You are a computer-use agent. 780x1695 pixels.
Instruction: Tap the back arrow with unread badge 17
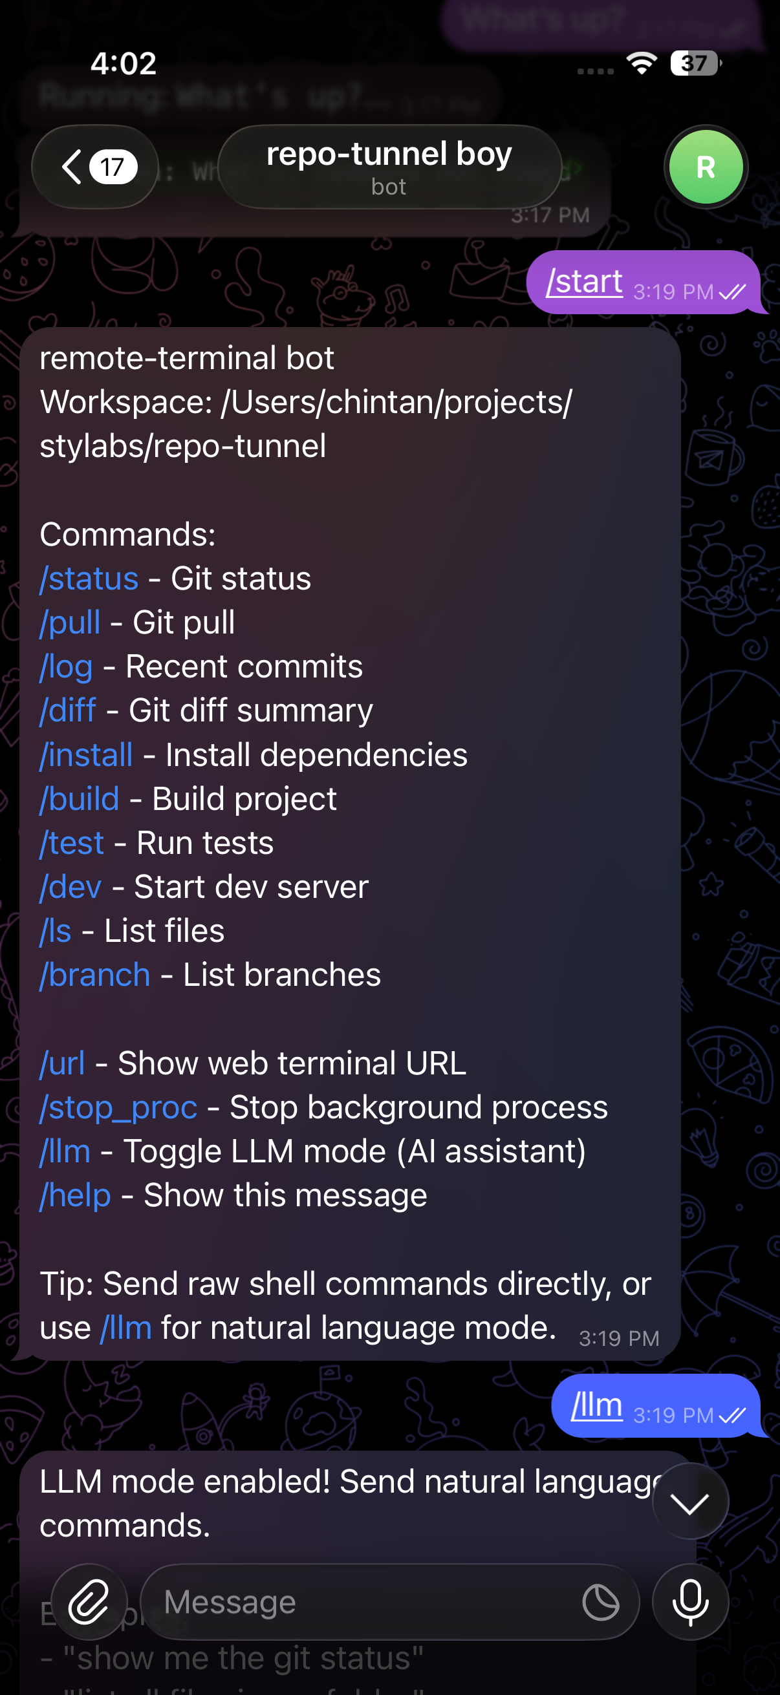coord(95,167)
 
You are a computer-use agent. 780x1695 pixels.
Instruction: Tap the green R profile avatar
coord(706,167)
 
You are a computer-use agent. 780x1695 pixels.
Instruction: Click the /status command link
coord(89,579)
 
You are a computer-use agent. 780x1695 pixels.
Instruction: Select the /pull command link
coord(70,623)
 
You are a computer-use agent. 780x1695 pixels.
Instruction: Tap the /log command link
coord(66,667)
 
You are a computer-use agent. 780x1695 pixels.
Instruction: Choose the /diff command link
coord(68,710)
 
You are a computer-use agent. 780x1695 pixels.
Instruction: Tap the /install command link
coord(86,754)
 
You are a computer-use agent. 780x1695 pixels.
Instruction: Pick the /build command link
coord(80,799)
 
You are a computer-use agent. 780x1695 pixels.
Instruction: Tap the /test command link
coord(72,843)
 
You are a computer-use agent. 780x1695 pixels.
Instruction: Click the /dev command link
coord(70,887)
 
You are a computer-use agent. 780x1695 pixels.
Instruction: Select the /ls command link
coord(55,931)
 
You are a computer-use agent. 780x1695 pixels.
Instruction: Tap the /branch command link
coord(95,975)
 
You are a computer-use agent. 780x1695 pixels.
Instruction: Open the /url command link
coord(62,1063)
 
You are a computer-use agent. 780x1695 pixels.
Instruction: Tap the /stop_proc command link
coord(118,1107)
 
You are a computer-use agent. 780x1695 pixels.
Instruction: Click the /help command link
coord(75,1195)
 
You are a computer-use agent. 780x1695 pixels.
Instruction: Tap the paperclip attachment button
coord(89,1601)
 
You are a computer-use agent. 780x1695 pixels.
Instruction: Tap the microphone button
coord(690,1601)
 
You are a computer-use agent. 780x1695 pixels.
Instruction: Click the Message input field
coord(362,1601)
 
